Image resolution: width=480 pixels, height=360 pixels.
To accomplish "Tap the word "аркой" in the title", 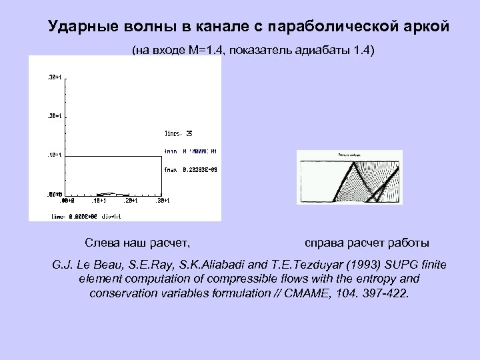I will pyautogui.click(x=427, y=27).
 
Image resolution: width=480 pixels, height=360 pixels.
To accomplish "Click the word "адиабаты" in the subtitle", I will pyautogui.click(x=321, y=51).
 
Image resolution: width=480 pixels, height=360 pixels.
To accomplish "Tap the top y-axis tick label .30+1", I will pyautogui.click(x=53, y=77).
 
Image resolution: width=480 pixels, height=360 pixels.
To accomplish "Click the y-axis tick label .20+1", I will pyautogui.click(x=53, y=116).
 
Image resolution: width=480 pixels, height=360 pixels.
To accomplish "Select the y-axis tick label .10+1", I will pyautogui.click(x=53, y=155).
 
